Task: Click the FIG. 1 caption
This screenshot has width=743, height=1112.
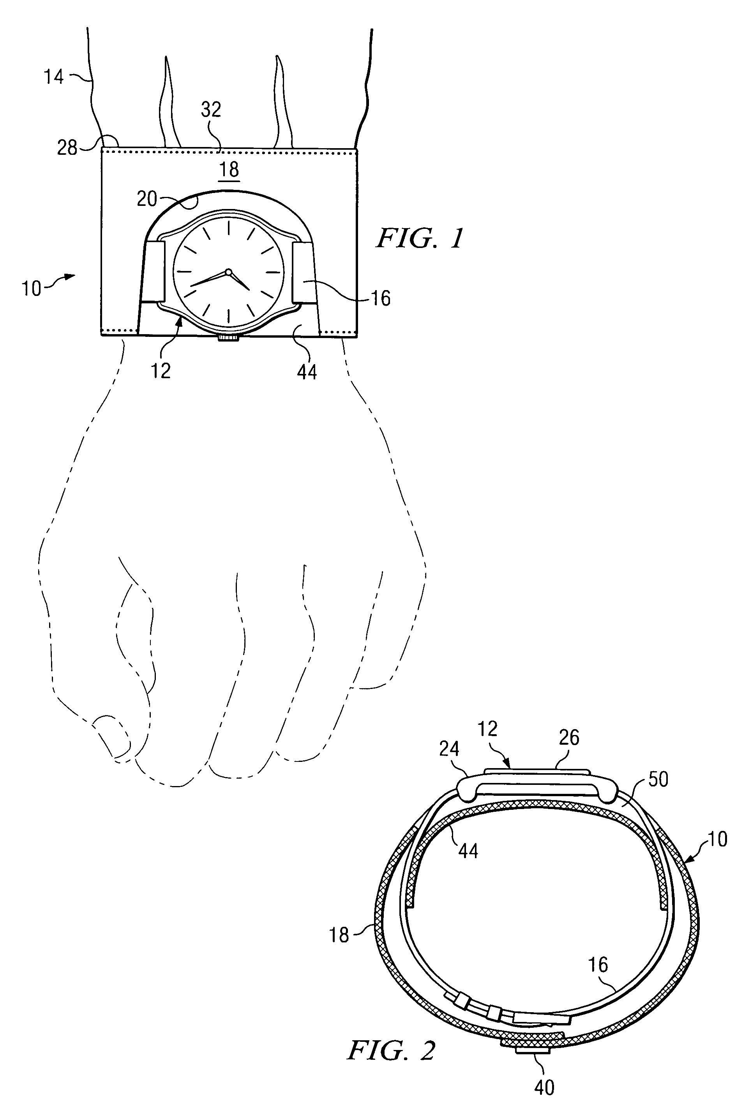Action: (x=419, y=238)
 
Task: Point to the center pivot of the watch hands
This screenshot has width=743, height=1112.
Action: (x=228, y=272)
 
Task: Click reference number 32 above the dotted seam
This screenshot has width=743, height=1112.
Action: (x=211, y=110)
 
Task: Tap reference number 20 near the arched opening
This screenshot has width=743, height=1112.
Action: (x=146, y=199)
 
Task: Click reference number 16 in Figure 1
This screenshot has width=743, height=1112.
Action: (x=381, y=298)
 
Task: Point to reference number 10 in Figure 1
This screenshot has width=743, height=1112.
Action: (x=31, y=289)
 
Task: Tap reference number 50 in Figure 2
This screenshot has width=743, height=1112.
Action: (x=658, y=779)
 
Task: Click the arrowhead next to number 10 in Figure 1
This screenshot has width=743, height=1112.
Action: (x=70, y=276)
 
